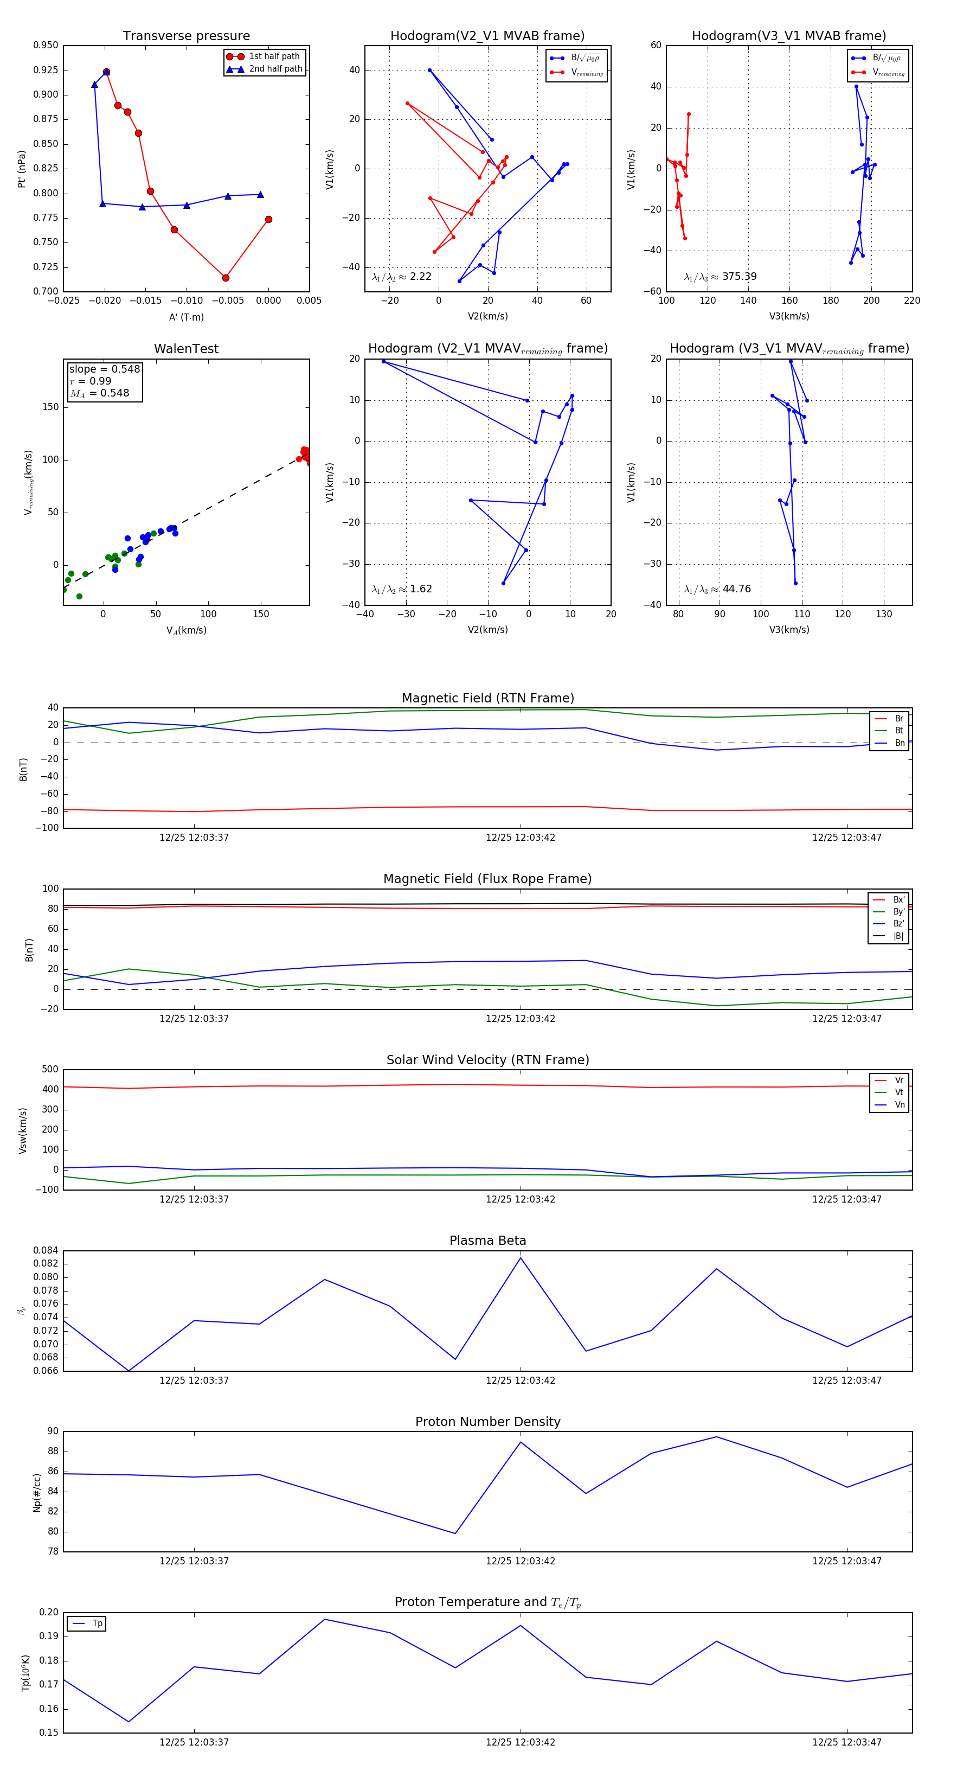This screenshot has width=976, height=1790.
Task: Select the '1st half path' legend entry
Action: (x=274, y=56)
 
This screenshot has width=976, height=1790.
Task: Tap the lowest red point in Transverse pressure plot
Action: (x=226, y=278)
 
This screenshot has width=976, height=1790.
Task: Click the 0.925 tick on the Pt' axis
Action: (x=46, y=70)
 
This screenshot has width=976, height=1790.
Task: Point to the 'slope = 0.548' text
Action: (x=104, y=369)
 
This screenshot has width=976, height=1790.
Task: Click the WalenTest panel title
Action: (x=186, y=349)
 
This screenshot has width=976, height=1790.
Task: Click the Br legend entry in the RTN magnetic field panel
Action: (x=898, y=719)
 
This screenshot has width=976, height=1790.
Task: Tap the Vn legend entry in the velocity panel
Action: (x=899, y=1105)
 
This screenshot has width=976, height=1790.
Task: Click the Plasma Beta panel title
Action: (x=487, y=1241)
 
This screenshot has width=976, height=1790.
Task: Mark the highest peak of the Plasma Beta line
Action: (x=521, y=1258)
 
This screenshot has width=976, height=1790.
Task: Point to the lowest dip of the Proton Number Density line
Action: (x=455, y=1533)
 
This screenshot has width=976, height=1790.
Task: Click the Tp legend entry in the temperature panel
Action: (x=97, y=1624)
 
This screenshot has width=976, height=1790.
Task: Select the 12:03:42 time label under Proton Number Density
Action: (x=521, y=1561)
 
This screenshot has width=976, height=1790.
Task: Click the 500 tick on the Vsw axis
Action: (x=50, y=1070)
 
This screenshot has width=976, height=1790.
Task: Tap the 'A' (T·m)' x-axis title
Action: (x=186, y=317)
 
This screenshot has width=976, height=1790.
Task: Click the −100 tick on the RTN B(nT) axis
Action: (x=46, y=828)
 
